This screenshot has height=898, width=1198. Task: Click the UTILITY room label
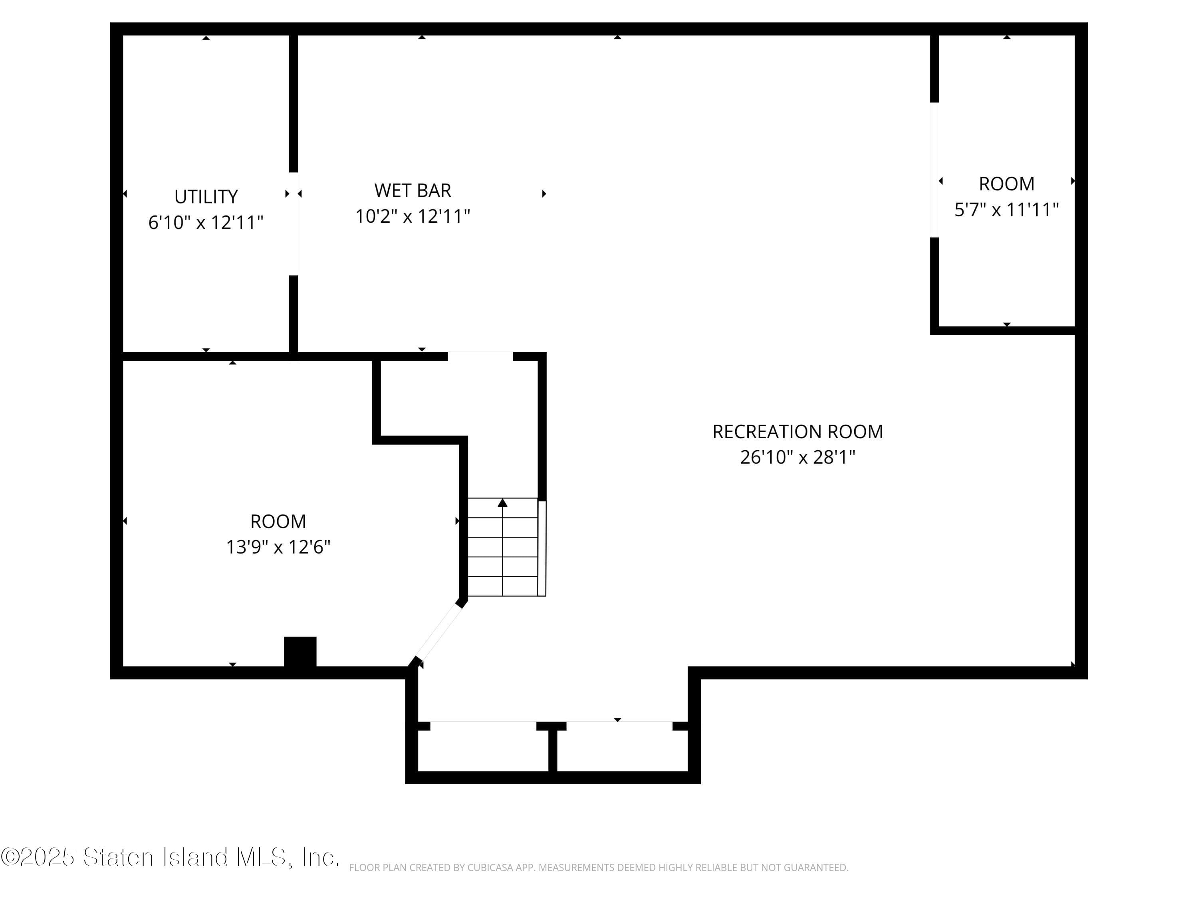[x=206, y=196]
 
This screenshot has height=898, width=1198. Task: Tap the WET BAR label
[x=412, y=190]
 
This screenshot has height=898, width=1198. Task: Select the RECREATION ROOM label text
[x=797, y=431]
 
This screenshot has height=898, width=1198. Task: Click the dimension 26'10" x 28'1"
[x=797, y=457]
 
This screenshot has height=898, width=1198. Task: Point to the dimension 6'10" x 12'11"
[x=206, y=222]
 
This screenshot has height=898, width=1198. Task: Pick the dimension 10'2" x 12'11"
[x=412, y=216]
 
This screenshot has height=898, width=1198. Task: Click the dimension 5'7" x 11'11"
[x=1006, y=210]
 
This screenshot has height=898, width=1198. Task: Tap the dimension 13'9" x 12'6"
[x=278, y=547]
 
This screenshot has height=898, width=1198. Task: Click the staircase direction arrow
[x=503, y=503]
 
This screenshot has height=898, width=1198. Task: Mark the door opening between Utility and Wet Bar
[x=294, y=224]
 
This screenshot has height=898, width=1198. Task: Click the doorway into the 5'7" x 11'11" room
[x=934, y=170]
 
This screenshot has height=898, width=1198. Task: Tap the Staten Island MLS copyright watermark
[x=170, y=857]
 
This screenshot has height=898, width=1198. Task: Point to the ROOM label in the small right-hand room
[x=1006, y=184]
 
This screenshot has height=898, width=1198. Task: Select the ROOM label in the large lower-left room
[x=278, y=521]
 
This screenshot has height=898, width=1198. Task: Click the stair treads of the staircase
[x=503, y=558]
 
